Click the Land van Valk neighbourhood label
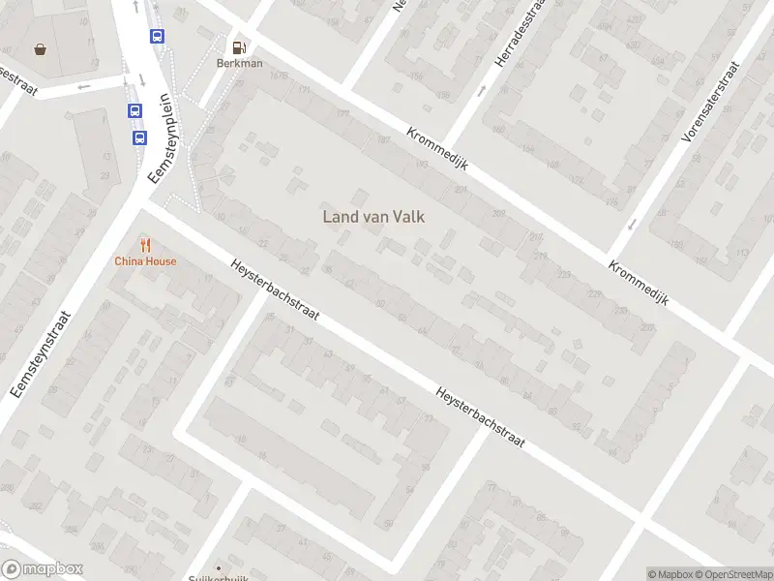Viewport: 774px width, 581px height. tap(373, 217)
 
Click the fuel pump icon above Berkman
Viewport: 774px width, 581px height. tap(238, 46)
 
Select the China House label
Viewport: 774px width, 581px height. tap(145, 260)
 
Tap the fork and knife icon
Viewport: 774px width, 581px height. tap(145, 245)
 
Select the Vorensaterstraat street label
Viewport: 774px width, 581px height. tap(709, 101)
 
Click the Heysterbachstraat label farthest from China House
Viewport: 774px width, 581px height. tap(480, 416)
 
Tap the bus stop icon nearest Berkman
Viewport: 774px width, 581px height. tap(157, 36)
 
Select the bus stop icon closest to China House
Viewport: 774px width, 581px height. tap(140, 138)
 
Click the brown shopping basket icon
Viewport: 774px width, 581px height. tap(40, 48)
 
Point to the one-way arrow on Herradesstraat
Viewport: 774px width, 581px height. tap(482, 92)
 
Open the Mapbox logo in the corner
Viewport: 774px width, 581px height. tap(43, 569)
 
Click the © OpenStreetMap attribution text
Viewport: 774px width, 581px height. tap(733, 574)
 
